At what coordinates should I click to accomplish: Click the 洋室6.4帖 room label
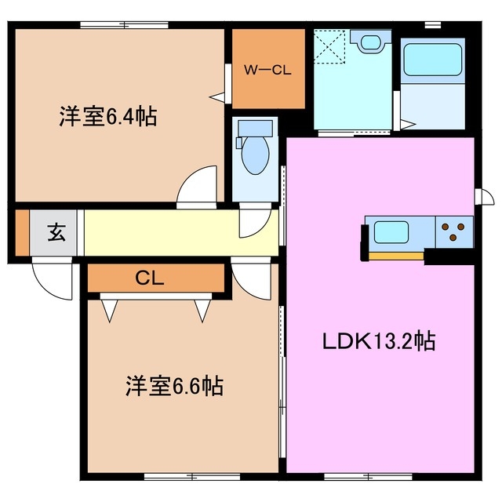(x=107, y=117)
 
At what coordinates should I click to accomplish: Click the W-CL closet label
(x=267, y=70)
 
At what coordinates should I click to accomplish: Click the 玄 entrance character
(x=56, y=232)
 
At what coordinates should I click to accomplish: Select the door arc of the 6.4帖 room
(x=198, y=188)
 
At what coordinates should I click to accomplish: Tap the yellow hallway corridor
(x=157, y=232)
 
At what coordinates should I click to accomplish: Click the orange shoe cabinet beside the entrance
(x=22, y=232)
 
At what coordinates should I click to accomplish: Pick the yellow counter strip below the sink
(x=396, y=254)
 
